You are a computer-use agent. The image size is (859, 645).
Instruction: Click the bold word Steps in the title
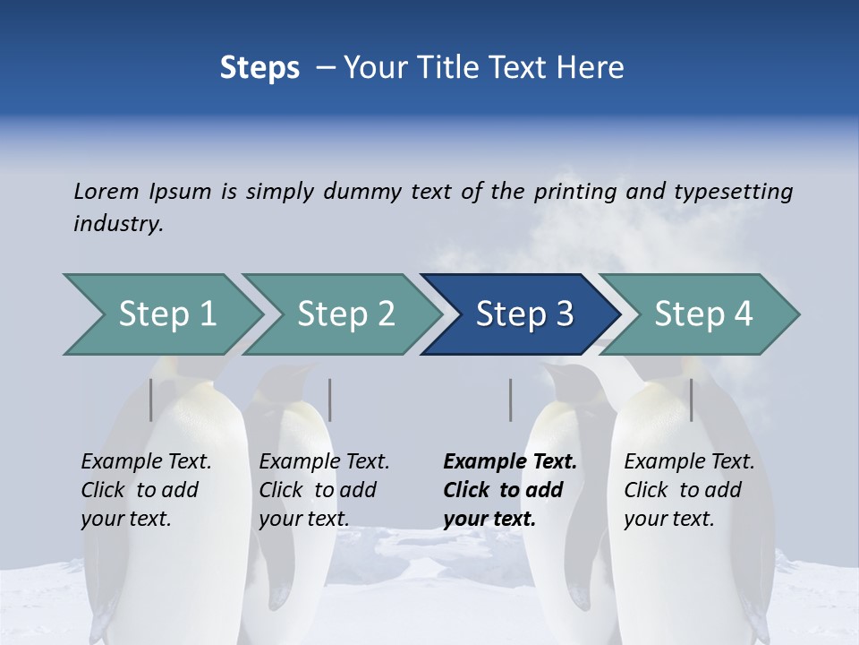coord(259,68)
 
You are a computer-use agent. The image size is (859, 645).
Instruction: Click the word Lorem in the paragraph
coord(106,191)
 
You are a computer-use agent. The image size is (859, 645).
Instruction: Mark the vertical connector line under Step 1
coord(151,400)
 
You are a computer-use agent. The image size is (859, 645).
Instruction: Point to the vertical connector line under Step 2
coord(330,400)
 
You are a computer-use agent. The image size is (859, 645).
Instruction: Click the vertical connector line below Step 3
coord(510,400)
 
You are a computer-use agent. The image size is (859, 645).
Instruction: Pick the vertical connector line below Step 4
coord(691,400)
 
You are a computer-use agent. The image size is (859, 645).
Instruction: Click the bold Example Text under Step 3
coord(510,462)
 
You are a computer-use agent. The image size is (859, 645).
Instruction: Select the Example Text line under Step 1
coord(146,462)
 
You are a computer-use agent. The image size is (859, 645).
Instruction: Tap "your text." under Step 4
coord(668,519)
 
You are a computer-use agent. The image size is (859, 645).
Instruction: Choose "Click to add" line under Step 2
coord(318,490)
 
